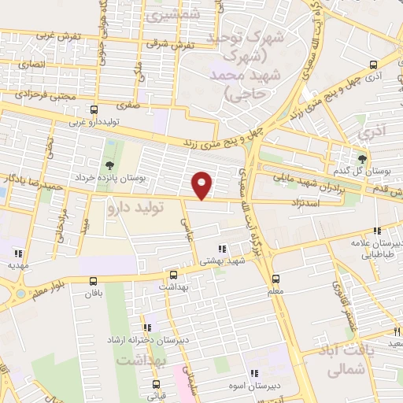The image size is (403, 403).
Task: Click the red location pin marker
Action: pos(202,185)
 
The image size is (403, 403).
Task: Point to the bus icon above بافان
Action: pos(94,280)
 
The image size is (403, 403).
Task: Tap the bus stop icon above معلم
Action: pos(275,279)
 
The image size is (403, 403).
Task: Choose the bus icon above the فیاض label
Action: pos(154,385)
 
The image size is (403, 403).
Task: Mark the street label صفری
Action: pos(128,103)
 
